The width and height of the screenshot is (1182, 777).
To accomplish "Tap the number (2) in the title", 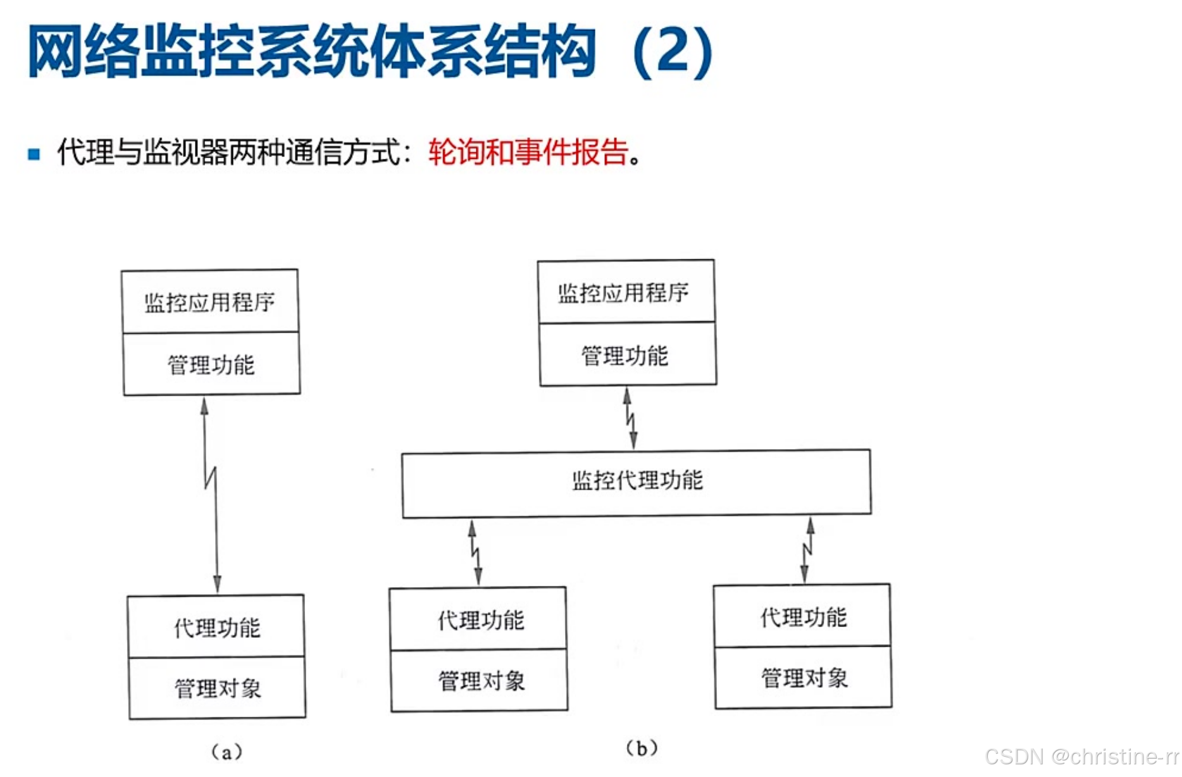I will click(672, 52).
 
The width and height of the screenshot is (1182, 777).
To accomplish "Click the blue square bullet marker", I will click(34, 154).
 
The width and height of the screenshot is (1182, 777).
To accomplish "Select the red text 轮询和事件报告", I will click(528, 152).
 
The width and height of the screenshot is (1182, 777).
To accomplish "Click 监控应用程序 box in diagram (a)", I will click(210, 302).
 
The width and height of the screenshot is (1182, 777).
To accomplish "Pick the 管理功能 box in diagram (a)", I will click(211, 364).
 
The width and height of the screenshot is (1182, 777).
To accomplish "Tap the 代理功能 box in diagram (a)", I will click(216, 627).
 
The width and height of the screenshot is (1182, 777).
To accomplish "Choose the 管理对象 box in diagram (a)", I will click(218, 688).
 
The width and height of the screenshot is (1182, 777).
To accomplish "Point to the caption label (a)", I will click(227, 752).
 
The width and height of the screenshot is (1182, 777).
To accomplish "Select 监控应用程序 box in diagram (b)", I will click(625, 292).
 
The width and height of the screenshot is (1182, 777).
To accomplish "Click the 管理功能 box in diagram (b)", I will click(626, 355).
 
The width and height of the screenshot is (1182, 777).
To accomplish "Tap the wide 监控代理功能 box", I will click(637, 482).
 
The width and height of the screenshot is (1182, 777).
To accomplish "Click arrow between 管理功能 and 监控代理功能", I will click(630, 418).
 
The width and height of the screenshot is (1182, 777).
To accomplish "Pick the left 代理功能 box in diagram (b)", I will click(479, 619).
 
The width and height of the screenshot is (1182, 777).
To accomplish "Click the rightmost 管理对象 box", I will click(804, 678).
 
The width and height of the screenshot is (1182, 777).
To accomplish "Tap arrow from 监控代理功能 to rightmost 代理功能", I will click(807, 550).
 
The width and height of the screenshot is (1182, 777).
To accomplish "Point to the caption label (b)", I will click(642, 749).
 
